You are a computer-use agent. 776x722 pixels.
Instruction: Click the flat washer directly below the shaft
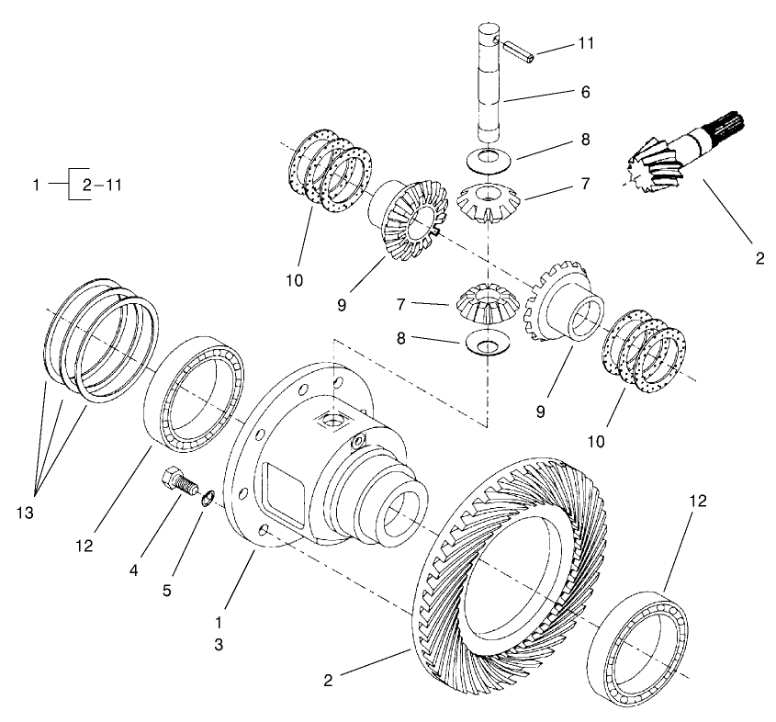(x=489, y=158)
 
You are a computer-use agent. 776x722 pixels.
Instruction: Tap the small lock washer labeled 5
(x=208, y=498)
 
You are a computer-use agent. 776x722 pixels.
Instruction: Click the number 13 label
(x=24, y=513)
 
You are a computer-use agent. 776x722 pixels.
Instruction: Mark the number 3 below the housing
(x=219, y=645)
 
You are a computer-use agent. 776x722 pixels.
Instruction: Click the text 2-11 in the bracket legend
(x=102, y=185)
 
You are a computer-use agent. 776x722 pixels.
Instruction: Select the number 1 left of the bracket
(x=36, y=185)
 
